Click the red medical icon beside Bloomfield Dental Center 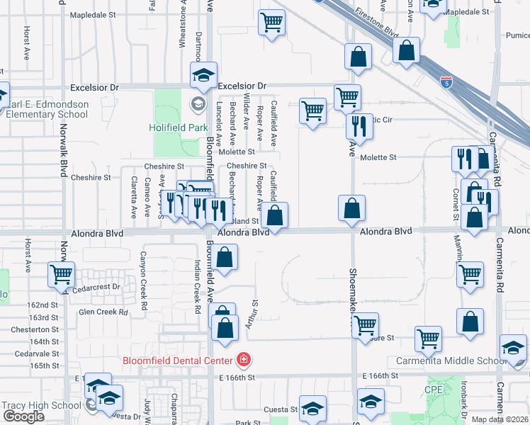pyautogui.click(x=244, y=360)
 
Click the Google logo pyautogui.click(x=24, y=416)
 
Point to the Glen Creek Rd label pyautogui.click(x=103, y=312)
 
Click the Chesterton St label pyautogui.click(x=34, y=329)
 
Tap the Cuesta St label pyautogui.click(x=281, y=409)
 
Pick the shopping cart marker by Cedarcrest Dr pyautogui.click(x=61, y=273)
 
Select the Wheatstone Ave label pyautogui.click(x=183, y=26)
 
